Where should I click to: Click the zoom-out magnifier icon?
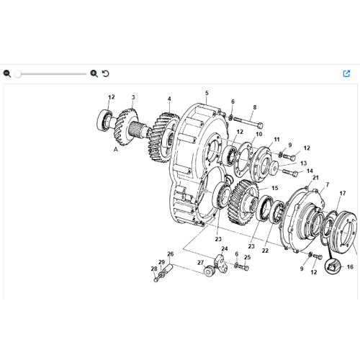point(7,73)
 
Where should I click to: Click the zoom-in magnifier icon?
point(94,73)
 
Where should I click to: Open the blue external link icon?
point(346,73)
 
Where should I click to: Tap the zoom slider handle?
point(18,73)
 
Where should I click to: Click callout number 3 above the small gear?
point(133,97)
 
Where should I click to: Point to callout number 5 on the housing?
point(206,93)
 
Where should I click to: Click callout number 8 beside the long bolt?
point(254,107)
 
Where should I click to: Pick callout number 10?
point(259,134)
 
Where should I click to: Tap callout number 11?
point(277,138)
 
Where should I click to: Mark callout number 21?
point(315,178)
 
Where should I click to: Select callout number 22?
point(266,251)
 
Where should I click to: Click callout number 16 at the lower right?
point(351,266)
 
